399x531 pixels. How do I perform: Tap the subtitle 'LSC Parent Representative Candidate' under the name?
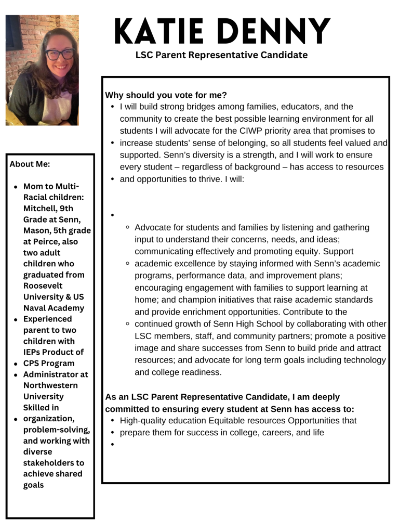[221, 55]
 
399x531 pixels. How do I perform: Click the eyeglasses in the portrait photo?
[60, 54]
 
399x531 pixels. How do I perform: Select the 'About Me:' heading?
[30, 164]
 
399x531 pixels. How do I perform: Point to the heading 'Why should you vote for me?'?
[166, 95]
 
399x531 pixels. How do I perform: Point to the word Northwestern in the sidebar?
[50, 385]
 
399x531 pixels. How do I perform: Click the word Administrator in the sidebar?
[56, 374]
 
